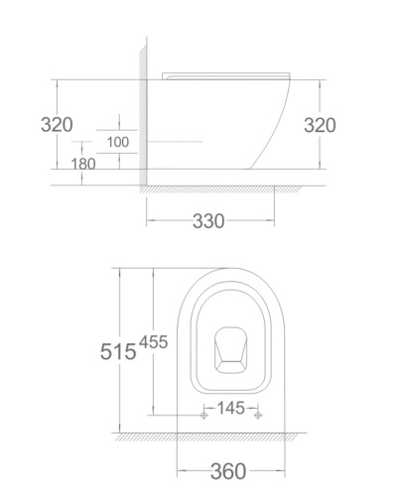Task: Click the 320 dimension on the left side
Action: coord(57,125)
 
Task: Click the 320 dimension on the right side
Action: coord(320,125)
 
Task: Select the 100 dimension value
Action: coord(118,142)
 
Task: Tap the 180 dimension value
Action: coord(83,164)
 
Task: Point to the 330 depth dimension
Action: coord(208,221)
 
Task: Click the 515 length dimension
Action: coord(118,351)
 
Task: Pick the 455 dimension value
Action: coord(153,342)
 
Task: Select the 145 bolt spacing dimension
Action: coord(230,408)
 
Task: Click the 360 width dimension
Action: coord(228,471)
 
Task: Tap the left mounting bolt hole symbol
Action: coord(204,415)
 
